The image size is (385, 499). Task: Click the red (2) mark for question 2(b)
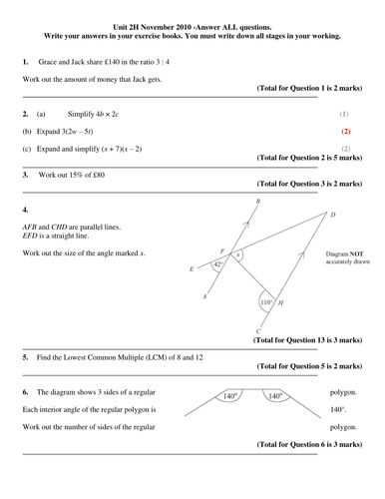346,132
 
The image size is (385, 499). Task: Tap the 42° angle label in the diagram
218,264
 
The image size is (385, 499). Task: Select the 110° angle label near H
266,302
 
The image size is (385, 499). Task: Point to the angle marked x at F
237,254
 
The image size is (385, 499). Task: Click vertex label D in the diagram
333,215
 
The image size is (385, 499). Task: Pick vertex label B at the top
258,201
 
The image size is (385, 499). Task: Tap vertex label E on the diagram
192,268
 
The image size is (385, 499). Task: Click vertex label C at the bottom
258,331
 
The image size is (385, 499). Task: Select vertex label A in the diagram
204,296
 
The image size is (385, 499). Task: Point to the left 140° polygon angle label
230,396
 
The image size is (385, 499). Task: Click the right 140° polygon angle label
275,396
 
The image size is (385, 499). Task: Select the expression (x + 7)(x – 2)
122,149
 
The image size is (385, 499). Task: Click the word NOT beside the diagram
357,254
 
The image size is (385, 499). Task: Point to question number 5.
26,357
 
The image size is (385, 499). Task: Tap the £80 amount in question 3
98,175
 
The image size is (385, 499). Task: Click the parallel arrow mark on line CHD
301,255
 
